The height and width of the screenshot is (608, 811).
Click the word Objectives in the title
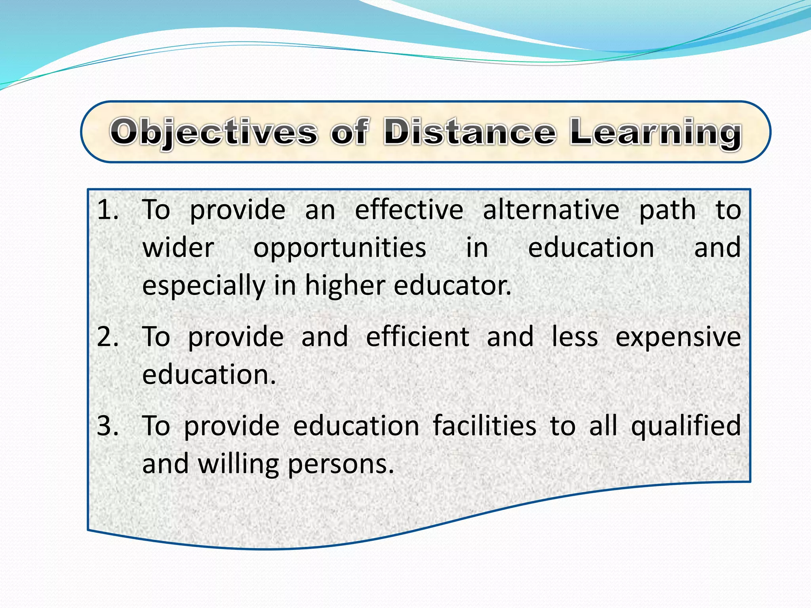(213, 132)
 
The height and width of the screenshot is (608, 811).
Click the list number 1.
(107, 210)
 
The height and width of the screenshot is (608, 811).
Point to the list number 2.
(107, 337)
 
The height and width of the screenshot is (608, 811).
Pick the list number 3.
(107, 426)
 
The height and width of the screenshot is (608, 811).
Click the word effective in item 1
(409, 210)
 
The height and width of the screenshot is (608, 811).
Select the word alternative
(551, 210)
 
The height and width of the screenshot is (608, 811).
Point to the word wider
(178, 248)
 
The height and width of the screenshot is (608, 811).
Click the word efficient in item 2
(417, 337)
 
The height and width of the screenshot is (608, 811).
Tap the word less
(575, 337)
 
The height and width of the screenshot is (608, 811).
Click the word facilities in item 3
(484, 426)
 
